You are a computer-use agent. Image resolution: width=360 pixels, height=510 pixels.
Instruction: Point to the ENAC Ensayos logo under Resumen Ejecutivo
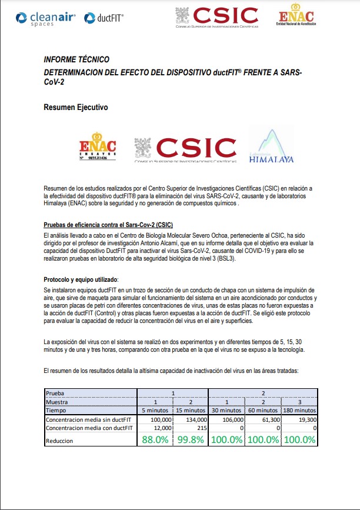pos(97,148)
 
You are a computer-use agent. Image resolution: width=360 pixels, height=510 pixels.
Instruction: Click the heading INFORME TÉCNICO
pos(76,60)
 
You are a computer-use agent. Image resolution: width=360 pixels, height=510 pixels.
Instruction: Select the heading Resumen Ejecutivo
pos(76,108)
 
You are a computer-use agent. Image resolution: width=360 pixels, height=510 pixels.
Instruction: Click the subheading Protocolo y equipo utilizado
pos(81,279)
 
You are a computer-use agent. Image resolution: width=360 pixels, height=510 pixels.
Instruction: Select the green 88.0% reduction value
pos(155,440)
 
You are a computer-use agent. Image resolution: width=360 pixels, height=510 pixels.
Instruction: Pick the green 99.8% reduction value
pos(191,440)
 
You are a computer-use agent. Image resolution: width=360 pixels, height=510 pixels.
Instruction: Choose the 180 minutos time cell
pos(300,410)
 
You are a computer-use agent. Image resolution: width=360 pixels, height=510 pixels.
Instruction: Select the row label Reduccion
pos(61,441)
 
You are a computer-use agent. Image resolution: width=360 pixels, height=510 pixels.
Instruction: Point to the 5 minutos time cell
pos(156,410)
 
